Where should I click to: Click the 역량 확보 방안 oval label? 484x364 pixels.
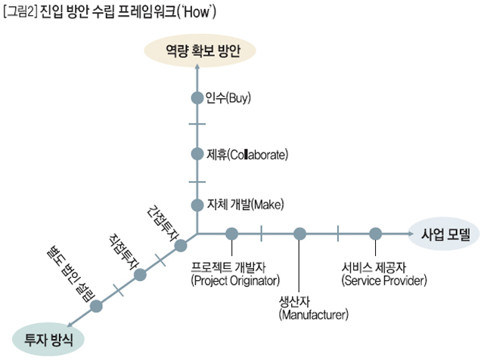pos(200,51)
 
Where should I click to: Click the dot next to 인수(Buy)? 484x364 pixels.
pos(197,97)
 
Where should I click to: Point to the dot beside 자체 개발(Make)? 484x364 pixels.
pos(197,204)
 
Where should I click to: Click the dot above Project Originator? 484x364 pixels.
pos(231,233)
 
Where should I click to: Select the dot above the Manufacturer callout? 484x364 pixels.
pos(300,233)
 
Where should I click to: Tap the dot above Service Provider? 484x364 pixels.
pos(374,233)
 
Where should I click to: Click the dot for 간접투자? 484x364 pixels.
pos(181,245)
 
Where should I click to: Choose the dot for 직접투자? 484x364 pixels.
pos(139,275)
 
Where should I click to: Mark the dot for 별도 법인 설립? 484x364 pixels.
pos(96,306)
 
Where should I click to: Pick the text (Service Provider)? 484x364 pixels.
pos(384,282)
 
